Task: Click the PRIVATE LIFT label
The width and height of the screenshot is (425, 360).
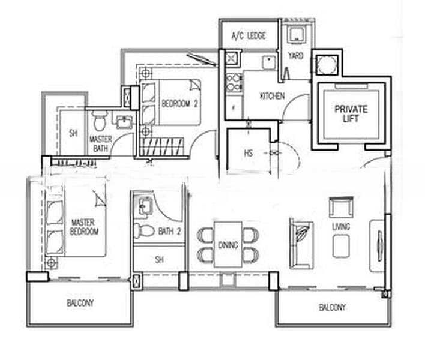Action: click(x=351, y=114)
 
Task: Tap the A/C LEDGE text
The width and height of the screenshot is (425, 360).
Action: click(x=249, y=36)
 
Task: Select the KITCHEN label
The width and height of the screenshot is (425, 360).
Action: click(x=272, y=96)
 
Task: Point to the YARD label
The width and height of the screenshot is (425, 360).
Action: click(x=295, y=56)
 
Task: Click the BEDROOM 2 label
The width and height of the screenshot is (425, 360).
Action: click(x=179, y=103)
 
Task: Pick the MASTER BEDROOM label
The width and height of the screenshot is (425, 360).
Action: click(x=84, y=227)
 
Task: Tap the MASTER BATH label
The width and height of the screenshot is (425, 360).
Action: click(x=101, y=144)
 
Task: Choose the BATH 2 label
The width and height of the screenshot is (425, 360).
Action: click(x=170, y=232)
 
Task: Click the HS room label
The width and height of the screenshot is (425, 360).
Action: click(x=249, y=154)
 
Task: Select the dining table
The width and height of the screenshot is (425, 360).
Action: click(x=228, y=245)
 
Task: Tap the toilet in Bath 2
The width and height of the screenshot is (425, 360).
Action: click(x=143, y=231)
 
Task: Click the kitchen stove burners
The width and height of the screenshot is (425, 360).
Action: click(x=234, y=82)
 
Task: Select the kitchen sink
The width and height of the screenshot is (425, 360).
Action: click(x=269, y=62)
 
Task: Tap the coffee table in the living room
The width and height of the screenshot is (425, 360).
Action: click(x=340, y=246)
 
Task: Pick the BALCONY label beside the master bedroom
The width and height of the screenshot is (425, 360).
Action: click(x=80, y=302)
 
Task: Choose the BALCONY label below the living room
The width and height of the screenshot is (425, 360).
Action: click(x=332, y=307)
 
